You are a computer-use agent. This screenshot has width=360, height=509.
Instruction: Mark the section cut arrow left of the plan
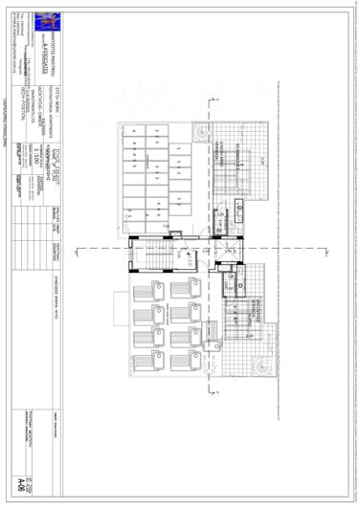point(112,247)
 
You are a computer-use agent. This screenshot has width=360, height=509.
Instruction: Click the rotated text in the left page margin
point(5,96)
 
